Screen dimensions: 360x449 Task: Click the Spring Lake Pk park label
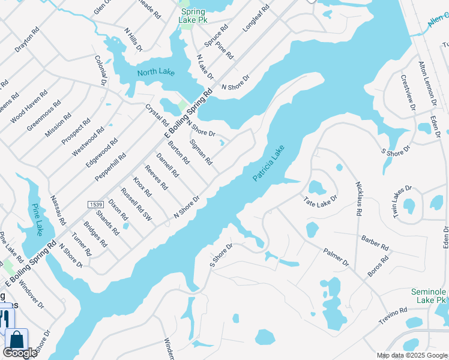click(192, 16)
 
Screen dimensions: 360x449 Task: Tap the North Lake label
click(155, 73)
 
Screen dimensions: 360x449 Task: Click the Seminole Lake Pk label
click(429, 295)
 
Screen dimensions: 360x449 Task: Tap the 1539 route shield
click(96, 205)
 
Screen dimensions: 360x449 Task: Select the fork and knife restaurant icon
click(4, 317)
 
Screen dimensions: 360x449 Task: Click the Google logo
click(20, 353)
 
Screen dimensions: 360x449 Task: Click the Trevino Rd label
click(393, 316)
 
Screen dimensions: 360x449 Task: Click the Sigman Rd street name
click(200, 152)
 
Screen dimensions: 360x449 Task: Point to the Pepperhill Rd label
click(110, 167)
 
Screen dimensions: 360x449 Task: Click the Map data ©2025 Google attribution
click(412, 355)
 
